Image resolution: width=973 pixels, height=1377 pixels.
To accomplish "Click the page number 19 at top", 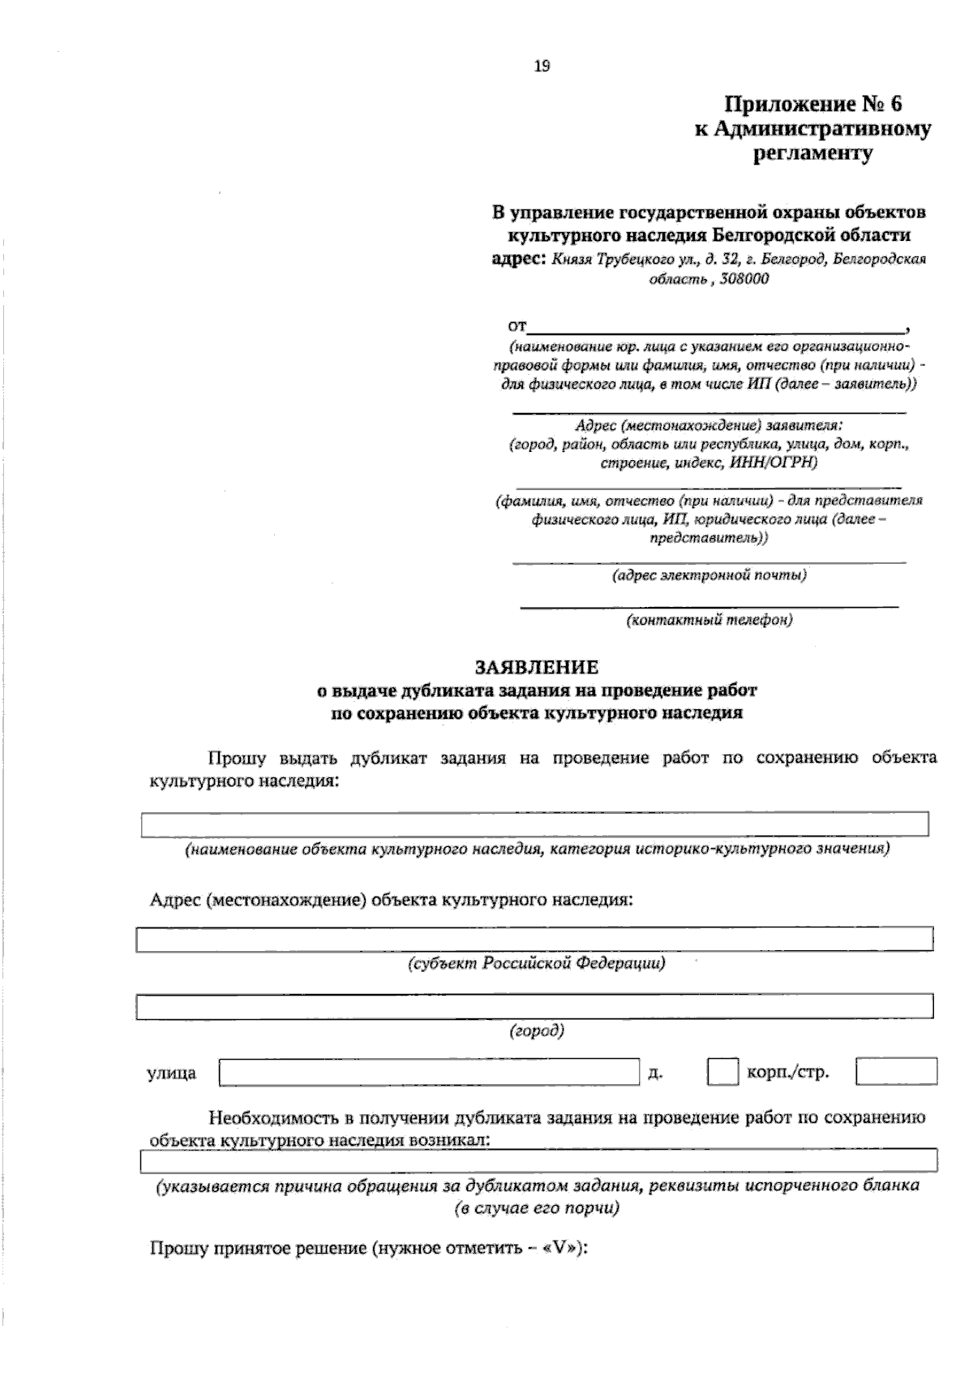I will pos(542,67).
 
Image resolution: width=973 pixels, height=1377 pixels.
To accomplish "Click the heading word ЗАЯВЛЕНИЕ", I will pos(537,667).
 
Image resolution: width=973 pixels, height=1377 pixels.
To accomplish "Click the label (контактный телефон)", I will pos(709,620).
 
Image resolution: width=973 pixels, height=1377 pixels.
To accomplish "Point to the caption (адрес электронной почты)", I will pos(709,575).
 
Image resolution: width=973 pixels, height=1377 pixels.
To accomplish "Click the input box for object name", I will pos(535,824).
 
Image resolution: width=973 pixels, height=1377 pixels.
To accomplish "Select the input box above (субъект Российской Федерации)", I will pos(535,939).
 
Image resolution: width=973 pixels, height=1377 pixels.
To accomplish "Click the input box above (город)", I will pos(535,1006).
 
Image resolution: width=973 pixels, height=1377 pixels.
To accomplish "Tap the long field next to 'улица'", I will pos(430,1072).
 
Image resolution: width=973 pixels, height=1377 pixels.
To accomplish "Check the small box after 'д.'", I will pos(722,1072).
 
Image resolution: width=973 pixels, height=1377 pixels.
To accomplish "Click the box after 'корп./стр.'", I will pos(896,1072).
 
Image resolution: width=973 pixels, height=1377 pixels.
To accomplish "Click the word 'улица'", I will pos(171,1074).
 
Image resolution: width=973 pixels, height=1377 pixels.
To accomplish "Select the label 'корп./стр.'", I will pos(787,1073).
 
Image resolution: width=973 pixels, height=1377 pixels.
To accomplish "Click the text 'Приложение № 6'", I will pos(812,104).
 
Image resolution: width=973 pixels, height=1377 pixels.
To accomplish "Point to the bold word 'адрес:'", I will pos(520,260).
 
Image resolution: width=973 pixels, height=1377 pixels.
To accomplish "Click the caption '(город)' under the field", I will pos(537,1031).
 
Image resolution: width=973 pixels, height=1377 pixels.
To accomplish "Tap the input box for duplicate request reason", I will pos(538,1161).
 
